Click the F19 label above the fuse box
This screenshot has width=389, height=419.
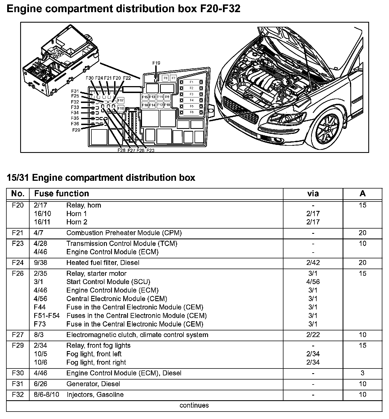coord(156,63)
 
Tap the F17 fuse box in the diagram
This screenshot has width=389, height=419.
coord(121,100)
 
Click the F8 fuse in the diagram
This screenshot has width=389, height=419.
coord(165,78)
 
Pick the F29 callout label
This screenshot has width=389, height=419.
coord(76,130)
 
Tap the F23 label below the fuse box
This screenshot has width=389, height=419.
coord(150,150)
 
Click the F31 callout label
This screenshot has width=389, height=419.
coord(75,91)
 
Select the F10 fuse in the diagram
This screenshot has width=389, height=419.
coord(167,105)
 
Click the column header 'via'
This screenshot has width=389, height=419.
coord(313,193)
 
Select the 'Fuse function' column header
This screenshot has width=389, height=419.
coord(62,193)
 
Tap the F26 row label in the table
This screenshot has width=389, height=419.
coord(18,274)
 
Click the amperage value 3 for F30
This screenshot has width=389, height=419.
coord(362,373)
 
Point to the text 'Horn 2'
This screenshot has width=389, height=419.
coord(77,222)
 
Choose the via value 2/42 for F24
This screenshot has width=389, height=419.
coord(313,263)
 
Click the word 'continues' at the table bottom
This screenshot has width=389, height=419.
coord(194,405)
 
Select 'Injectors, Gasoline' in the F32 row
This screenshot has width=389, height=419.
coord(95,395)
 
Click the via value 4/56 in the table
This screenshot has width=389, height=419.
coord(313,282)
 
